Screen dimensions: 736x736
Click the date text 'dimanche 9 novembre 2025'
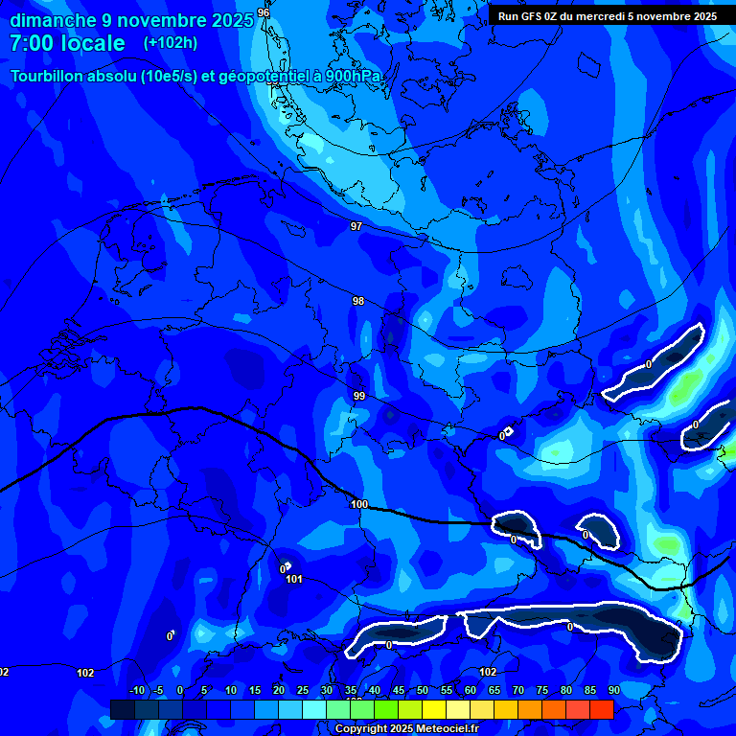131,19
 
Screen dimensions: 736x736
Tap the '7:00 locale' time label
67,43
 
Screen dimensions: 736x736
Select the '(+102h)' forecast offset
171,43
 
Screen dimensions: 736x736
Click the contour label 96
264,12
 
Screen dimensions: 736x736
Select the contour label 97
356,226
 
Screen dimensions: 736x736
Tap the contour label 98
358,301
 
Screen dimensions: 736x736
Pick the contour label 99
359,396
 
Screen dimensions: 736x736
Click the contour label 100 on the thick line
359,504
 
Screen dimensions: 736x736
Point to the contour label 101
294,579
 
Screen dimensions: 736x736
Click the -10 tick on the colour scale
136,691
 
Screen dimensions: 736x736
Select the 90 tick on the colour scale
613,691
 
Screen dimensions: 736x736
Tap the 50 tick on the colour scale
423,691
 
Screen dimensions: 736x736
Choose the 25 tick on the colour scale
303,691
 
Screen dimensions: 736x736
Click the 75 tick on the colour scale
542,691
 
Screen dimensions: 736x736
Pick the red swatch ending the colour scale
601,709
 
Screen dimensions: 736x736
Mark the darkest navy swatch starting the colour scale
123,709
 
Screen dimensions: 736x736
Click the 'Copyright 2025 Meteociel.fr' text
405,728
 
